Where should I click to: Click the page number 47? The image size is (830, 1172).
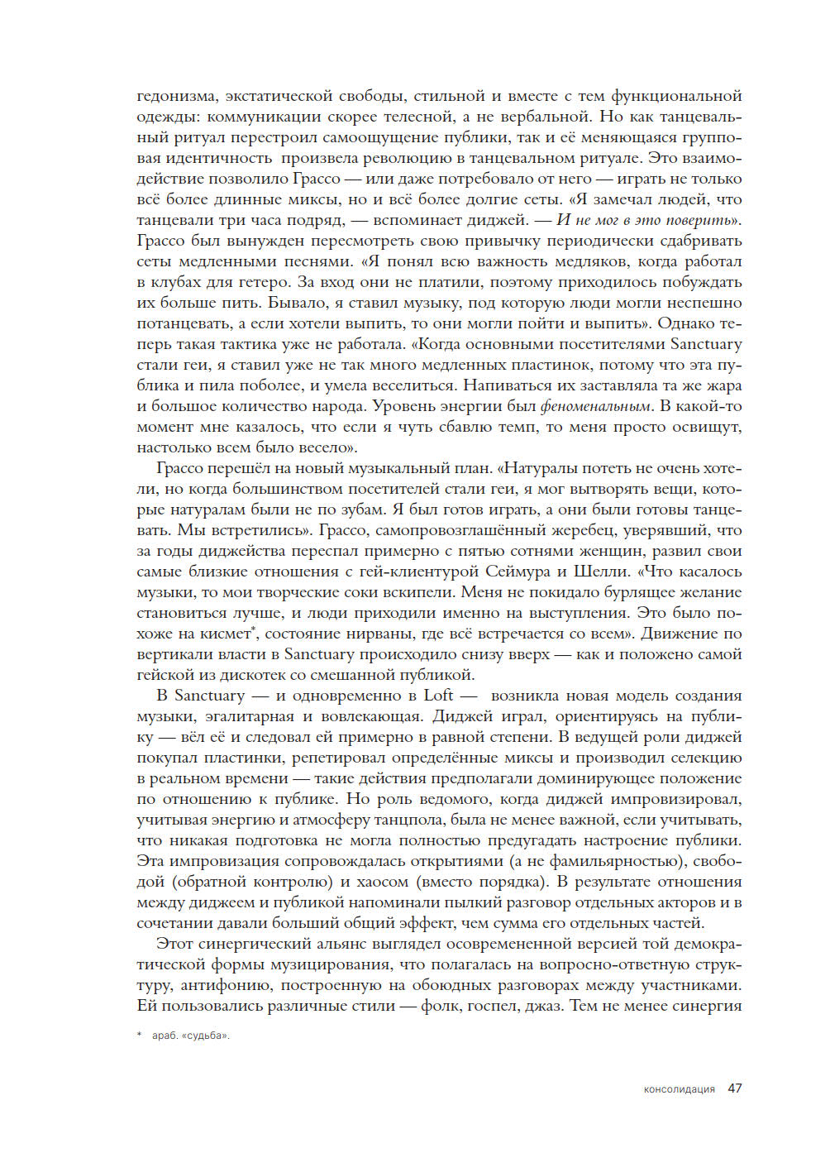734,1088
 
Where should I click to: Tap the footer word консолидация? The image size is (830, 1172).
679,1089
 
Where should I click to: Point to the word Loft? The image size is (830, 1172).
438,696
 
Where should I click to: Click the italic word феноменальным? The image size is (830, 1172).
595,406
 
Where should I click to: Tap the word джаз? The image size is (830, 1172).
543,1006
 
